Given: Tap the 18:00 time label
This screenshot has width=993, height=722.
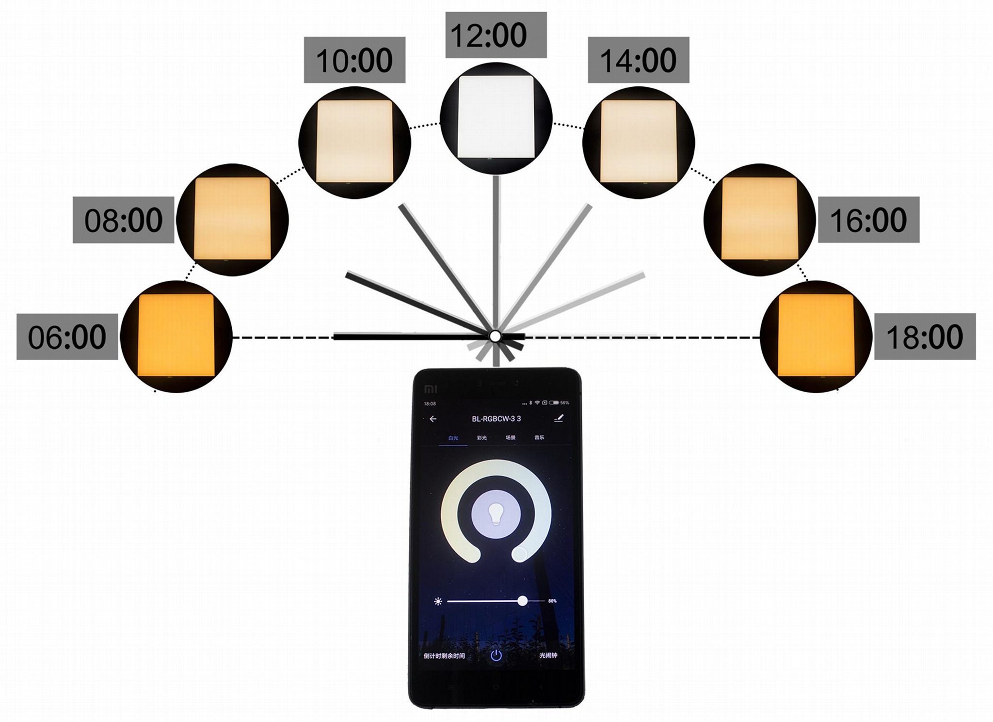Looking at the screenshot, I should pos(924,337).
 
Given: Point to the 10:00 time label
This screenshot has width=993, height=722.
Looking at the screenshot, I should pos(354,60).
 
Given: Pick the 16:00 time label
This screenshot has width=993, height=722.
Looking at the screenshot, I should pos(868,220).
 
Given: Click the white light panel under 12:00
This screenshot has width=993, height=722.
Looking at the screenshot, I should pos(496,117).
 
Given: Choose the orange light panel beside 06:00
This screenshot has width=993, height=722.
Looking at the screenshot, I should pos(176,335).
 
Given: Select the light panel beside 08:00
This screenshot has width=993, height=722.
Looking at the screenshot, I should pos(232,219).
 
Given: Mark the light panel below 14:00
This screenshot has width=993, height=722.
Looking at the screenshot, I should pos(638,142).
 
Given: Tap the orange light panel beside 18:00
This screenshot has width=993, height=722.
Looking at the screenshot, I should pos(816,335).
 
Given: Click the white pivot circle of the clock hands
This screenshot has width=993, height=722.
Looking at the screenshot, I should pos(495,336).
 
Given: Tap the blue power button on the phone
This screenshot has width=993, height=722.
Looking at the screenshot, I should pos(496,656).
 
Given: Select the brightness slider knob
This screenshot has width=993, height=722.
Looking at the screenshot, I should pos(522,601).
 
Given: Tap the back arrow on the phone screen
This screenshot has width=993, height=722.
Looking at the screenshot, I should pos(433,419).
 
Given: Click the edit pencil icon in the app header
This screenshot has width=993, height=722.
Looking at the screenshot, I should pos(559,418).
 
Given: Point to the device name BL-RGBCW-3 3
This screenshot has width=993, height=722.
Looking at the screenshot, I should pos(496,419).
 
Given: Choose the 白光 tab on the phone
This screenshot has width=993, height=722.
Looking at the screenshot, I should pos(453,438).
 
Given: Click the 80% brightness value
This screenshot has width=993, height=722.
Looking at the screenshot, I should pos(552,601).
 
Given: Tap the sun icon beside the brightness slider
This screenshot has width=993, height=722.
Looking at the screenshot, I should pos(438,602).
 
